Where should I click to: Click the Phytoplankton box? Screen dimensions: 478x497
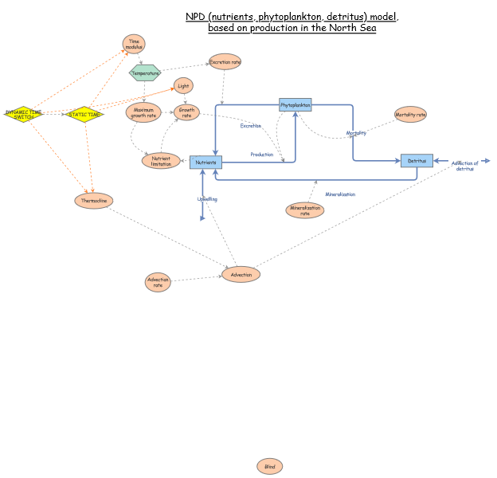(x=295, y=104)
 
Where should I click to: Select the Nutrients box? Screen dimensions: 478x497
(x=205, y=162)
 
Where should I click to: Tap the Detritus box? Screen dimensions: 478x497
(x=417, y=161)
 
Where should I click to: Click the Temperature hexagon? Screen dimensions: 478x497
(x=145, y=72)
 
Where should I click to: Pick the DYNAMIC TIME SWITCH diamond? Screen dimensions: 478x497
(x=23, y=114)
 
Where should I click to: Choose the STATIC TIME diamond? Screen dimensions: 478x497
(x=84, y=114)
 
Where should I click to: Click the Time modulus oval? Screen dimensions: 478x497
(x=134, y=44)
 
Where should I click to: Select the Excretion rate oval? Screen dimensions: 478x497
(x=225, y=61)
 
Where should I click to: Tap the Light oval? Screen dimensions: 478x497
(x=183, y=85)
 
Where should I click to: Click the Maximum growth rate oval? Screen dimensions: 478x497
(x=143, y=112)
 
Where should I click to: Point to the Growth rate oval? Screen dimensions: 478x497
(x=186, y=112)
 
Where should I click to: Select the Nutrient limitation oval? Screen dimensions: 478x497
(x=161, y=161)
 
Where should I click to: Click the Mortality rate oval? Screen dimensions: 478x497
(x=410, y=115)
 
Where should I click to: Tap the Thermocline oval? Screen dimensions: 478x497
(x=94, y=201)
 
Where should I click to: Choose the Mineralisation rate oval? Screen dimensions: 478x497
(x=305, y=210)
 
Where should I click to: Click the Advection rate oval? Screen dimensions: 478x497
(x=158, y=282)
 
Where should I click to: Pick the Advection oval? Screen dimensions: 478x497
(x=241, y=274)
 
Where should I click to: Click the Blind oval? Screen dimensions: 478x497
(x=269, y=466)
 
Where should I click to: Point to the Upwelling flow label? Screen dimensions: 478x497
(x=207, y=199)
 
